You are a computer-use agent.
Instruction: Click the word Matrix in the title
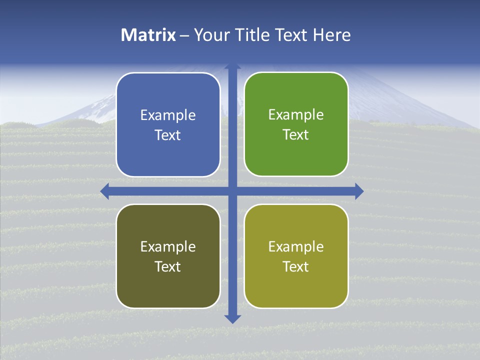148,35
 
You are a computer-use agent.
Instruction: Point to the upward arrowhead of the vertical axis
232,67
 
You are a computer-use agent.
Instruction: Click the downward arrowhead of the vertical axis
232,318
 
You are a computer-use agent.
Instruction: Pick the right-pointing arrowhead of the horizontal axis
359,191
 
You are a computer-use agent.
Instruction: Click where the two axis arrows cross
232,191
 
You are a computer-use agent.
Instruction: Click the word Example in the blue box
168,115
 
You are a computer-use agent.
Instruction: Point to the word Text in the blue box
168,135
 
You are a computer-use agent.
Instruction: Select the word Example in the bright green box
296,115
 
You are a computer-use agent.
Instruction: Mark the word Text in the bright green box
296,135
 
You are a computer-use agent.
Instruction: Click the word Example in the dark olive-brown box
168,246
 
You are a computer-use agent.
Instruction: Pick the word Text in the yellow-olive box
296,266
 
